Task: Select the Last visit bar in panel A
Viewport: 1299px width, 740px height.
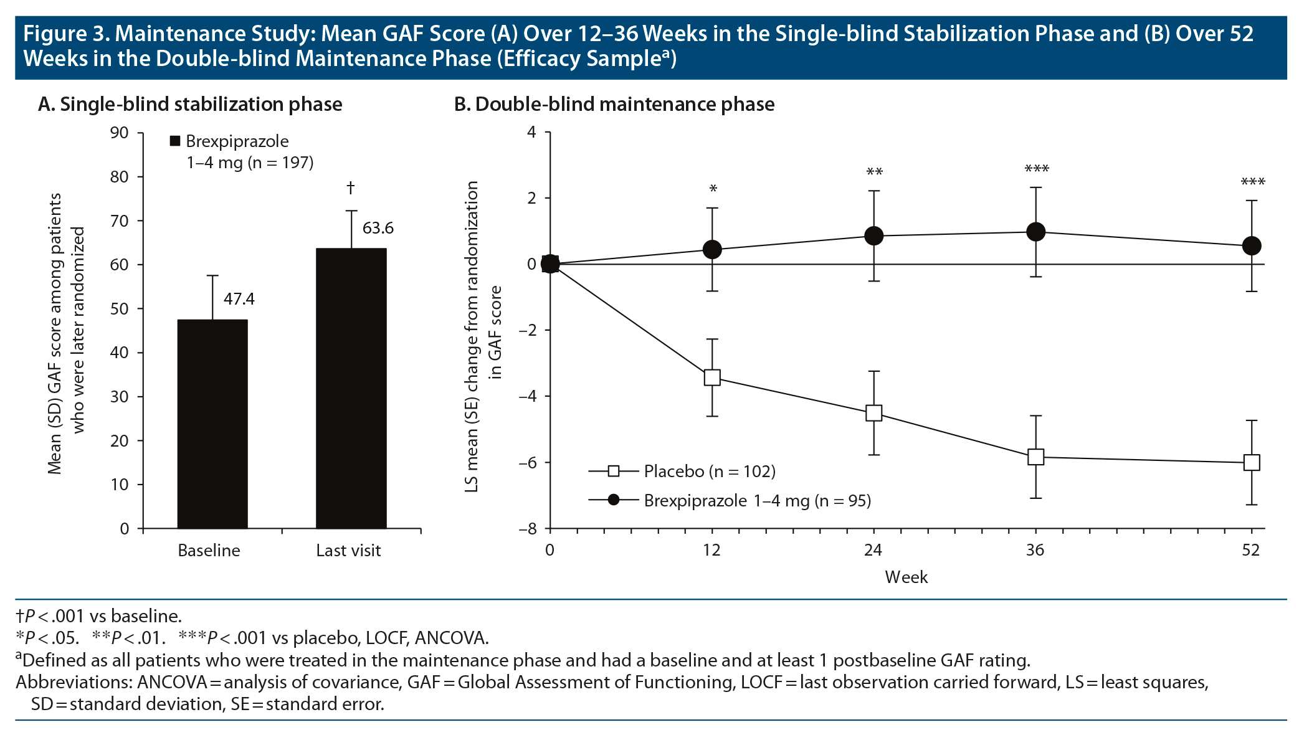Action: pos(351,388)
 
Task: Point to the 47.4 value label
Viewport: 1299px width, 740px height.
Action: pos(239,300)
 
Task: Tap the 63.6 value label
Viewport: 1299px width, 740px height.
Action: pos(378,229)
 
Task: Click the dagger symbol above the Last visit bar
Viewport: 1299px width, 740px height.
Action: pos(351,187)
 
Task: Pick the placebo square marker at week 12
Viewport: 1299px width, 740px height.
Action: pos(712,377)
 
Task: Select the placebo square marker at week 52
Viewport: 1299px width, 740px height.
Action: pos(1252,462)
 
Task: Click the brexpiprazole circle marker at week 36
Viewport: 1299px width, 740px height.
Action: pos(1035,232)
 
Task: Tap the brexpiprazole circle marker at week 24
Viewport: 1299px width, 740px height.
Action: pos(874,235)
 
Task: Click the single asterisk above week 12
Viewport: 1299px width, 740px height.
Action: pos(713,189)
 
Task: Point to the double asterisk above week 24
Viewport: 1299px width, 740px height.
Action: pos(874,172)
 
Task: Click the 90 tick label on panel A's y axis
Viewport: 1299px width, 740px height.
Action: pos(120,133)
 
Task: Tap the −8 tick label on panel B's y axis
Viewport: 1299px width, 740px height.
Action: pos(527,529)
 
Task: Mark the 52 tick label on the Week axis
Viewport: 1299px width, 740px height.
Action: pos(1251,551)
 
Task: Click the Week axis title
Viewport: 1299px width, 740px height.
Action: pos(906,577)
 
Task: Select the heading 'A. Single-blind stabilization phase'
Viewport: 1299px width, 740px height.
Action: pos(190,104)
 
